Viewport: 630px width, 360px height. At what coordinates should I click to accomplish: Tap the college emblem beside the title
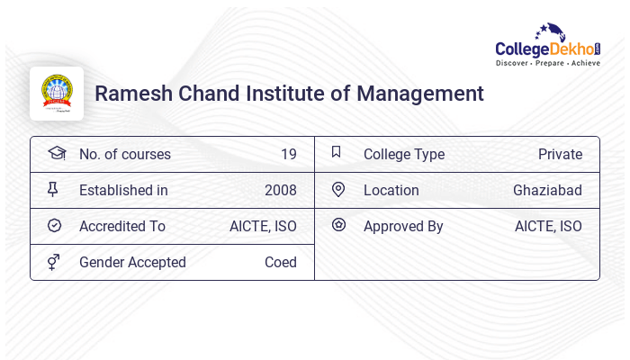tap(56, 94)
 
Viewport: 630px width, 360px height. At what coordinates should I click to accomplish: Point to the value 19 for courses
tap(288, 155)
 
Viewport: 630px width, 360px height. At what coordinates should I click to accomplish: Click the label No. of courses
tap(124, 155)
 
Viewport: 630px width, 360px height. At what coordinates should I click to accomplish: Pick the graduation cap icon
tap(56, 153)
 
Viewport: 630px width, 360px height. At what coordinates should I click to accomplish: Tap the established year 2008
tap(280, 191)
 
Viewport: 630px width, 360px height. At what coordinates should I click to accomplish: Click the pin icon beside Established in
tap(53, 190)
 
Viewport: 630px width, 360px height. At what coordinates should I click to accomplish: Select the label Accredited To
tap(122, 227)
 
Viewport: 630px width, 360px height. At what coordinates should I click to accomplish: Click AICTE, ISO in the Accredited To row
tap(263, 227)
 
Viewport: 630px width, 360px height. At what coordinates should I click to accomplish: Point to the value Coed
tap(280, 263)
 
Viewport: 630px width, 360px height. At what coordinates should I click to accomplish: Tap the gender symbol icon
tap(54, 262)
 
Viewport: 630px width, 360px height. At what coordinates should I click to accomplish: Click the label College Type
tap(404, 155)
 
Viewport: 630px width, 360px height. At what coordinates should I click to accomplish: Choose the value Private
tap(560, 155)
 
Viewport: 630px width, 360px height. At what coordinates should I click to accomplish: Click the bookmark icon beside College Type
tap(337, 152)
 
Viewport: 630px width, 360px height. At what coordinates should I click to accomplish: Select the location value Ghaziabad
tap(547, 191)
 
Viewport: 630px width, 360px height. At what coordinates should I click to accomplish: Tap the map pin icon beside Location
tap(337, 189)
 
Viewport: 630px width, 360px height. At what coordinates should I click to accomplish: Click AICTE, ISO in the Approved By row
tap(548, 227)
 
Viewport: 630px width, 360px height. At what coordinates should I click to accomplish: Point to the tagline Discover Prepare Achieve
tap(548, 64)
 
